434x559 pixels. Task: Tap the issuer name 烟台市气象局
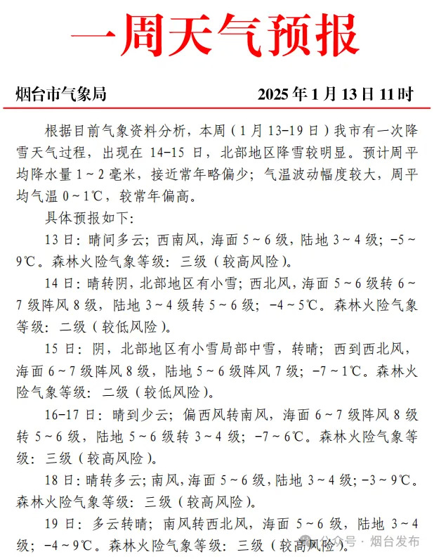point(61,94)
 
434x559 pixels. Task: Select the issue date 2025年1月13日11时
point(336,94)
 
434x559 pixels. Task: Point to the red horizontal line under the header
point(216,108)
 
